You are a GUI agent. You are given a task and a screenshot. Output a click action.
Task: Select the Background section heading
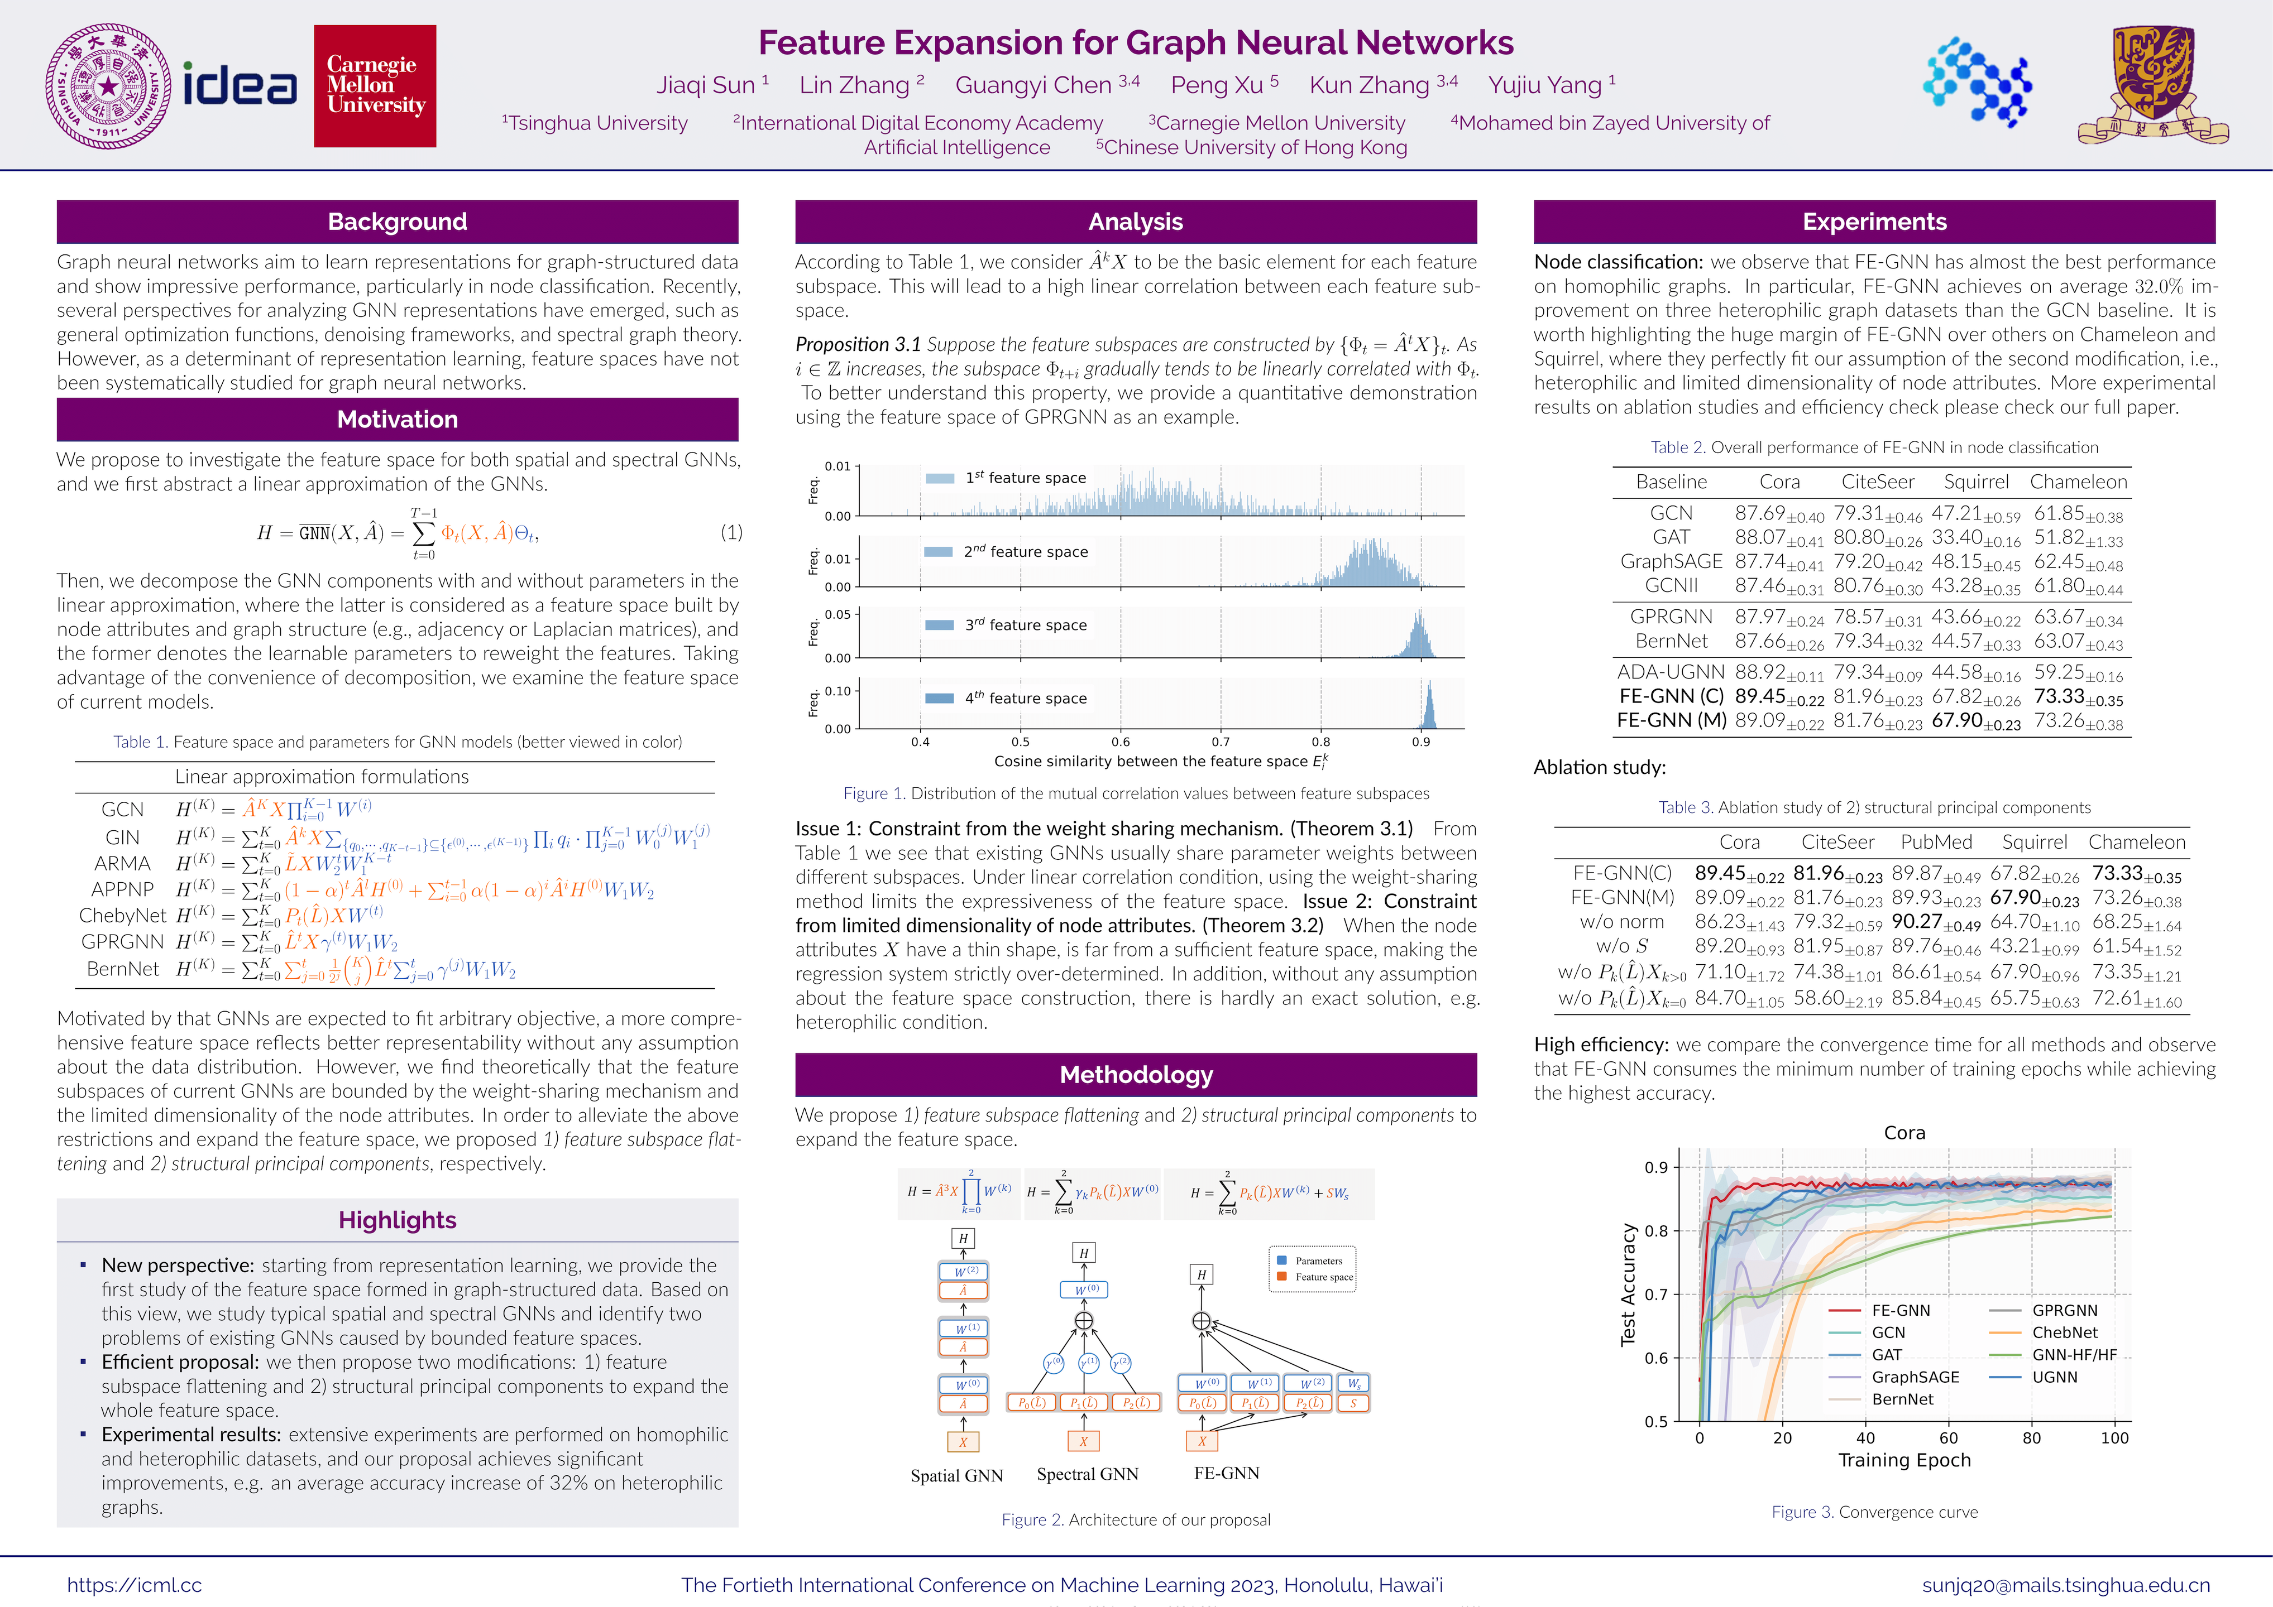(x=397, y=222)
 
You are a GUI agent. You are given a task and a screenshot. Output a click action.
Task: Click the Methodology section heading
(x=1136, y=1075)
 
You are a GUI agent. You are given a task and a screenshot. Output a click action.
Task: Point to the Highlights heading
(x=397, y=1220)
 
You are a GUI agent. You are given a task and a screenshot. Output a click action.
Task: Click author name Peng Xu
(x=1224, y=85)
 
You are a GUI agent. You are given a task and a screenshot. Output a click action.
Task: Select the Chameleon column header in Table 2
(x=2078, y=482)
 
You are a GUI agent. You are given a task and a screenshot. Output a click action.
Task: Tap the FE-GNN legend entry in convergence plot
(x=1900, y=1310)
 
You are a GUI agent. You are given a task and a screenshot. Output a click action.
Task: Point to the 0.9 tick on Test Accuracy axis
(x=1655, y=1168)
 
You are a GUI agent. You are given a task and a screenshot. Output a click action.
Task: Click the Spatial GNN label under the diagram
(x=956, y=1475)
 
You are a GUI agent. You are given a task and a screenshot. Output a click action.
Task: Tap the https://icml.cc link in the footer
(x=135, y=1584)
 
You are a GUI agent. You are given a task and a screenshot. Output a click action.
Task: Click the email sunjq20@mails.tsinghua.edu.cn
(x=2065, y=1584)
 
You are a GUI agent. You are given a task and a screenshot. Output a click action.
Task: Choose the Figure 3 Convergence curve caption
(x=1874, y=1512)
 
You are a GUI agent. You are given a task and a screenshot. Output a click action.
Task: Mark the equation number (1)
(x=731, y=532)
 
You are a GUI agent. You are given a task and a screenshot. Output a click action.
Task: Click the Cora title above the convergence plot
(x=1904, y=1133)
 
